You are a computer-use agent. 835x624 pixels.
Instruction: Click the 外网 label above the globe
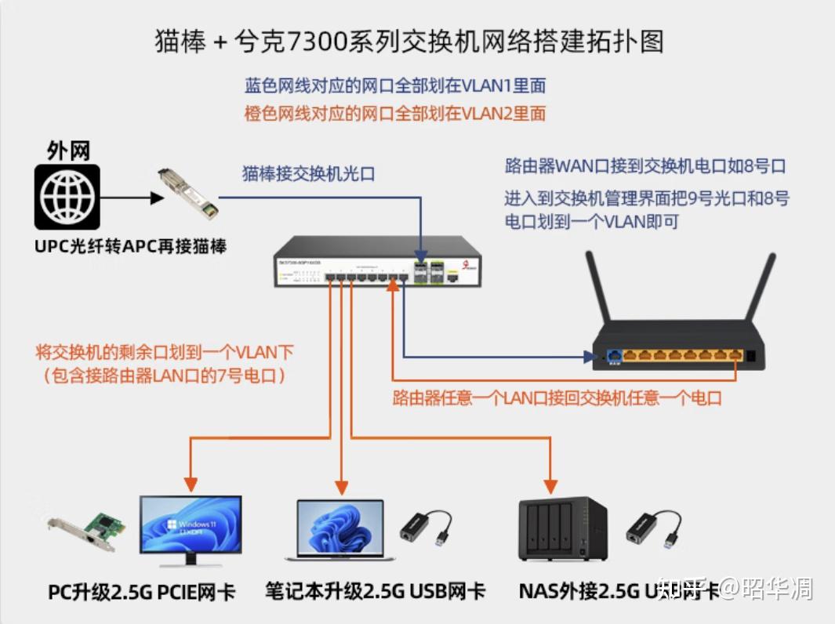coord(68,151)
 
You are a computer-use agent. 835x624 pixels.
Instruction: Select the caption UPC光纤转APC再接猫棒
coord(130,245)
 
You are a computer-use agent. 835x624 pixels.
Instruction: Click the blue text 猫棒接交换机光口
coord(308,173)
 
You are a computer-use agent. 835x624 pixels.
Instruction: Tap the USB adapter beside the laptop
coord(427,528)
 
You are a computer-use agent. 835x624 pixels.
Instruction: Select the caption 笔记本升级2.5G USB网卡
coord(375,591)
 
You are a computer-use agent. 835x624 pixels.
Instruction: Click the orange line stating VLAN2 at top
coord(395,114)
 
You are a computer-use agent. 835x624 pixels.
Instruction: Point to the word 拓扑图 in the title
coord(632,42)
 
